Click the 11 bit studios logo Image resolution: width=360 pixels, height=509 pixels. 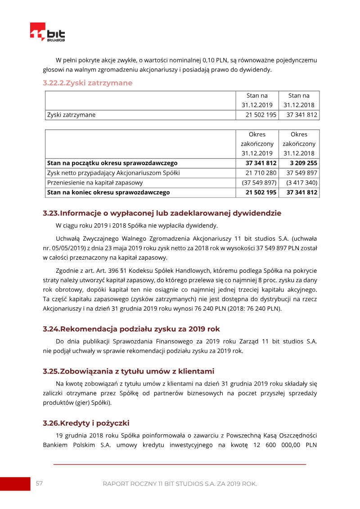point(47,33)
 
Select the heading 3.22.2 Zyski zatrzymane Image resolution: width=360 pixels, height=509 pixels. point(87,83)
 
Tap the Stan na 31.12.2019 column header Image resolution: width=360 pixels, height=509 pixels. point(257,100)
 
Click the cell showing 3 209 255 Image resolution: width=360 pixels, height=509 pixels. point(299,163)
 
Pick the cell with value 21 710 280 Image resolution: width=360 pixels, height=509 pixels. point(257,173)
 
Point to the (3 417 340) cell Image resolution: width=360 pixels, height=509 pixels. point(299,183)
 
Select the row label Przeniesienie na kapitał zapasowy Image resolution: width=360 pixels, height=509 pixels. point(95,183)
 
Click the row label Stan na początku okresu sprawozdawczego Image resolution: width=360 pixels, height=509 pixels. point(112,163)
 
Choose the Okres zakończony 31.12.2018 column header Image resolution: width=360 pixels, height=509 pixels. point(299,144)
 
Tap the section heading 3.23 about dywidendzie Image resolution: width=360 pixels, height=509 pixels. point(162,213)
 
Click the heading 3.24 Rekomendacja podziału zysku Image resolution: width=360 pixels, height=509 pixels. point(131,329)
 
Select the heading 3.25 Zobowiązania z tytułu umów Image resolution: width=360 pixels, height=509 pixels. point(128,371)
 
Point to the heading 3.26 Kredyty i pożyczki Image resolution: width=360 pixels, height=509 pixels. point(86,423)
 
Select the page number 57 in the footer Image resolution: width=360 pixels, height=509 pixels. point(39,483)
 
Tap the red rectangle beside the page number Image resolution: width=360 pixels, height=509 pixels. point(15,484)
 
